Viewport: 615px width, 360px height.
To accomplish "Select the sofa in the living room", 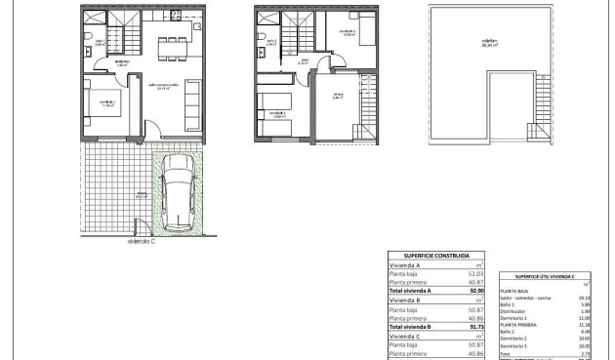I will [192, 104].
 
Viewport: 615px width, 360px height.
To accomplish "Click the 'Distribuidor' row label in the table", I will [515, 311].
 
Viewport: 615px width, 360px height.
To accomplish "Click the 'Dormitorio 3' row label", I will [516, 344].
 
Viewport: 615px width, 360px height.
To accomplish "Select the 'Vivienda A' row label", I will [404, 265].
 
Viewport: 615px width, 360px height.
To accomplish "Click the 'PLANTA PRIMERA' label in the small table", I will [518, 325].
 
